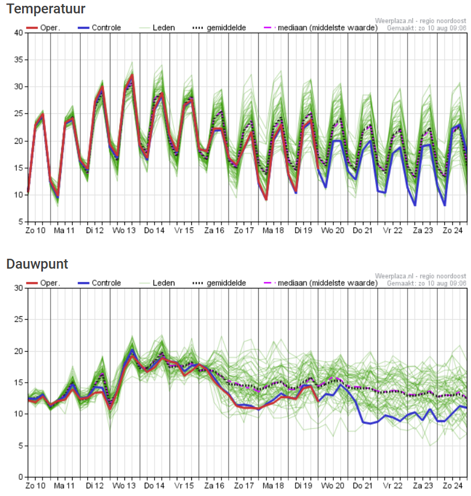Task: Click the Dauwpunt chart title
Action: pos(37,264)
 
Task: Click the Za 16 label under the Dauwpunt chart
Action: pos(213,485)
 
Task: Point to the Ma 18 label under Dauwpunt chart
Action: pos(273,485)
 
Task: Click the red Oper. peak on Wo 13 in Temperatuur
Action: pos(132,75)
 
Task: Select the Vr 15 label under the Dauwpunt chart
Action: pos(184,485)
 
